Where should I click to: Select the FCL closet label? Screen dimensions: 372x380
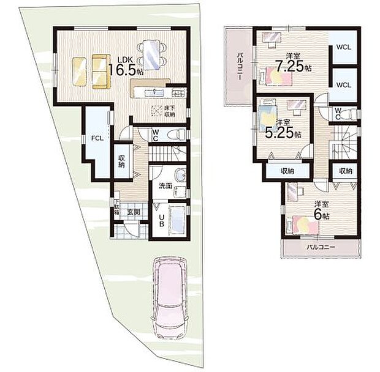pos(97,138)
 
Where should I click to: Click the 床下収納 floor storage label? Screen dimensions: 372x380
pos(169,111)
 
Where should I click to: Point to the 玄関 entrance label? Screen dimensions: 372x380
pos(134,212)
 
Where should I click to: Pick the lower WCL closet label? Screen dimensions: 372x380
pos(344,84)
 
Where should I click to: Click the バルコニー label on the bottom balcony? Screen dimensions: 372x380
pos(321,248)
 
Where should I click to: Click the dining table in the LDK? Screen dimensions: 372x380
pos(150,53)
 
